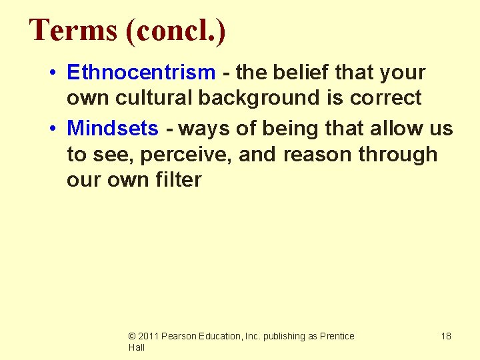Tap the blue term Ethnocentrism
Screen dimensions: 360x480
pyautogui.click(x=141, y=72)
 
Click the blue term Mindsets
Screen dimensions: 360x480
pyautogui.click(x=113, y=128)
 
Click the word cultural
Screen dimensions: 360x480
pyautogui.click(x=155, y=98)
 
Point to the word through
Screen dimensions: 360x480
pyautogui.click(x=397, y=155)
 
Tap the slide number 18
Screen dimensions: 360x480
pyautogui.click(x=445, y=336)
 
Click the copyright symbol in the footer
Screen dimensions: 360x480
pyautogui.click(x=132, y=337)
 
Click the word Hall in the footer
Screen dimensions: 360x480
pyautogui.click(x=137, y=347)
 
